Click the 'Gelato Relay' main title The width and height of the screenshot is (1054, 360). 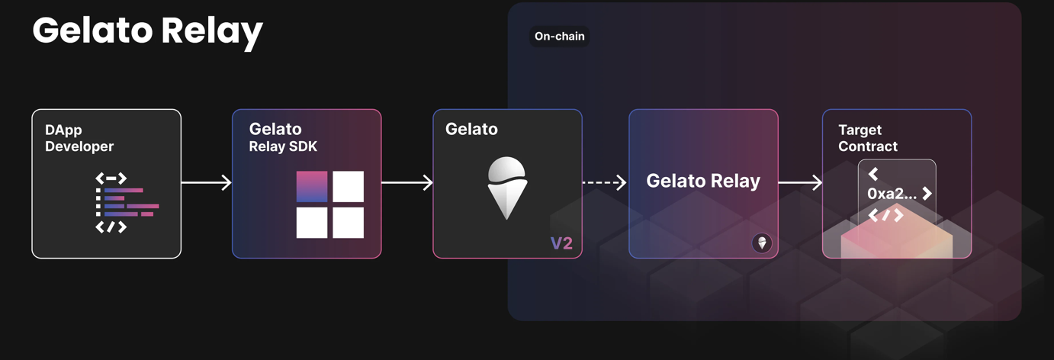[147, 31]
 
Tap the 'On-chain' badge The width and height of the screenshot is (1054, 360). [560, 37]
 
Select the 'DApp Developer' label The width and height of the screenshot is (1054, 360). [79, 138]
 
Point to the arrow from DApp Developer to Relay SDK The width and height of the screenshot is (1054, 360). [207, 182]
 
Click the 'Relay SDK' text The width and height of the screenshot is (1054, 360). [283, 146]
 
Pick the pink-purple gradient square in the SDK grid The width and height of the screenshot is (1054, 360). [311, 186]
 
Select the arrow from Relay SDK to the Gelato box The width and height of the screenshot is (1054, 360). [407, 182]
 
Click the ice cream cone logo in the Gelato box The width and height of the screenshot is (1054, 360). [506, 188]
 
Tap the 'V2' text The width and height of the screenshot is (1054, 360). [561, 243]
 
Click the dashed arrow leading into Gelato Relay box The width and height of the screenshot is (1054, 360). [605, 182]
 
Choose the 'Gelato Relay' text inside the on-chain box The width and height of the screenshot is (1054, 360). [703, 181]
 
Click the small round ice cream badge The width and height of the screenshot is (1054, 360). [762, 243]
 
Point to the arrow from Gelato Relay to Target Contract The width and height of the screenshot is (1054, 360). [800, 182]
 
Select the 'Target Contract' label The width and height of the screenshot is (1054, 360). [868, 138]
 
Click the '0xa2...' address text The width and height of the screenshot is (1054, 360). [892, 194]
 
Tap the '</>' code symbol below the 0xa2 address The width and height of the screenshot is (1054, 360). [885, 216]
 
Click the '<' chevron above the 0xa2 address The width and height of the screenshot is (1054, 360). [873, 174]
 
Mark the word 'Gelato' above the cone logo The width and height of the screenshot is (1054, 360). [471, 129]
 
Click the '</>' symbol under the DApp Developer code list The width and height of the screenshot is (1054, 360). [111, 227]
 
